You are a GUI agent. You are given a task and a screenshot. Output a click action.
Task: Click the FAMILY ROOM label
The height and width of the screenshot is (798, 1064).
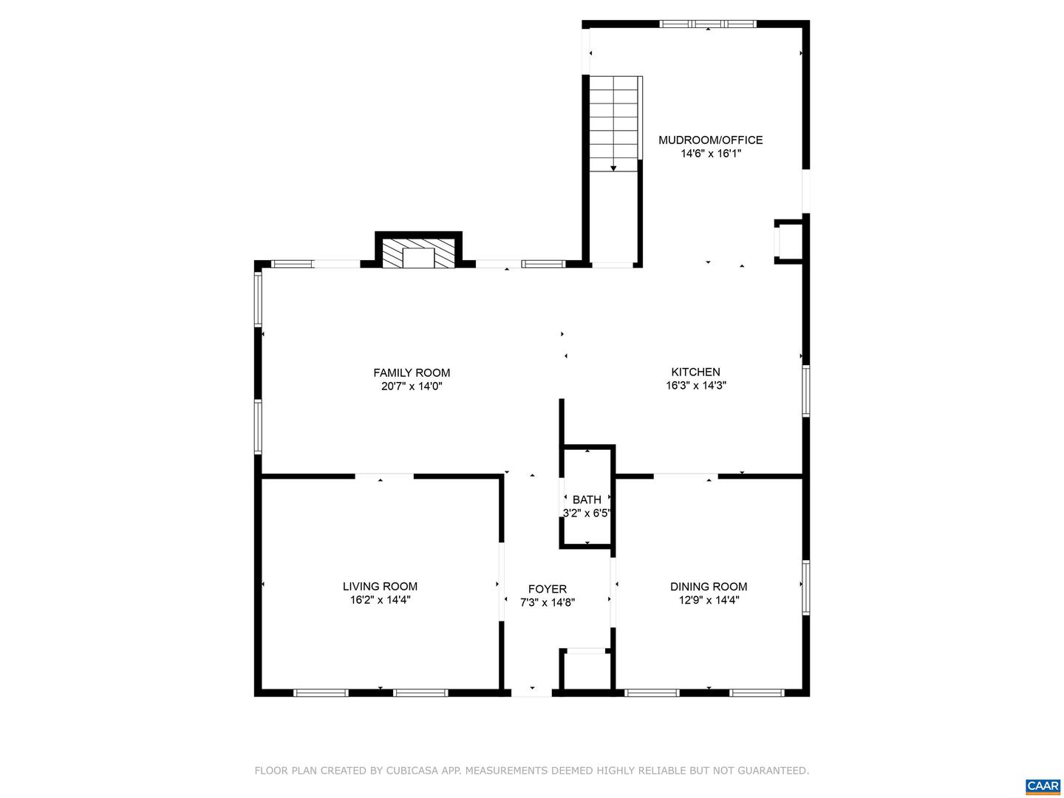pos(412,373)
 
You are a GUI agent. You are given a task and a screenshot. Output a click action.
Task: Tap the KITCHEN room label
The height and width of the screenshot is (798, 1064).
pos(695,372)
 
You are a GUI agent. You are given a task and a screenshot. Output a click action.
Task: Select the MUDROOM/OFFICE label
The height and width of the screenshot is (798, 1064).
pos(710,140)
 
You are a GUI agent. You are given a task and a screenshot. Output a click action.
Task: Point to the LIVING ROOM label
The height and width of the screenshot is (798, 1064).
pos(380,587)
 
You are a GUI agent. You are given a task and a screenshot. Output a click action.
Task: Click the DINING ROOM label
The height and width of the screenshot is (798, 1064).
pos(709,587)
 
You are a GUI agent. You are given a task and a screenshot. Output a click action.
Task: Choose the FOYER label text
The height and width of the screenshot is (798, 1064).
pos(548,589)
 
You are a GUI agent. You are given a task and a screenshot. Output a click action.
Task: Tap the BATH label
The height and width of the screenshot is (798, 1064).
pos(587,499)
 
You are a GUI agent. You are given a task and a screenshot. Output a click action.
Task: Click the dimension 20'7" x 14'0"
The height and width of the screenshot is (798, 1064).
pos(412,386)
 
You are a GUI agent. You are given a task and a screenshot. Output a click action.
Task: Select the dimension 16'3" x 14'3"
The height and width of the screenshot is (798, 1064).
pos(695,386)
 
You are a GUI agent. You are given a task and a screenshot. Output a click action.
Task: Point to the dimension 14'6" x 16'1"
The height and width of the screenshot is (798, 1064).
pos(710,154)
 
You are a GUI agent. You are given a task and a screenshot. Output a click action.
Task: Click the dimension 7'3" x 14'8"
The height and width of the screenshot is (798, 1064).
pos(548,602)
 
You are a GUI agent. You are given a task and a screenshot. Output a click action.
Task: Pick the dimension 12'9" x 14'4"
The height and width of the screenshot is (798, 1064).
pos(709,600)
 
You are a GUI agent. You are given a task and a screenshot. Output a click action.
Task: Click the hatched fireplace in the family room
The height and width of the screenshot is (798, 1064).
pos(419,253)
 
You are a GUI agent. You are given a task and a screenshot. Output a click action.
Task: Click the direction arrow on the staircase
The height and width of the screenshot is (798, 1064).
pos(613,168)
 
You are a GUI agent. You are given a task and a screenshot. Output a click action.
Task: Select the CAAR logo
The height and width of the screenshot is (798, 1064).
pos(1043,786)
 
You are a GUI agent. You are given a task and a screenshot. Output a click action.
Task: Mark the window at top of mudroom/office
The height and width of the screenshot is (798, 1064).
pos(708,24)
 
